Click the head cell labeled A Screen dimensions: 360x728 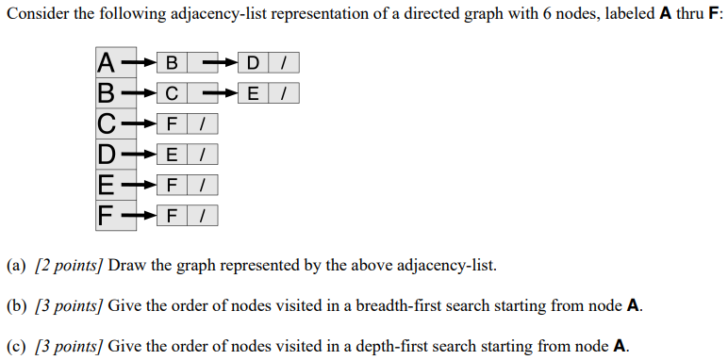click(x=108, y=63)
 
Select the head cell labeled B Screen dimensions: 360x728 click(x=108, y=93)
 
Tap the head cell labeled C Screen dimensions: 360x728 click(x=108, y=123)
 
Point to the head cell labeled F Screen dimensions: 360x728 click(x=108, y=214)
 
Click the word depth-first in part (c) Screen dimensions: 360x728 click(x=397, y=346)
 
